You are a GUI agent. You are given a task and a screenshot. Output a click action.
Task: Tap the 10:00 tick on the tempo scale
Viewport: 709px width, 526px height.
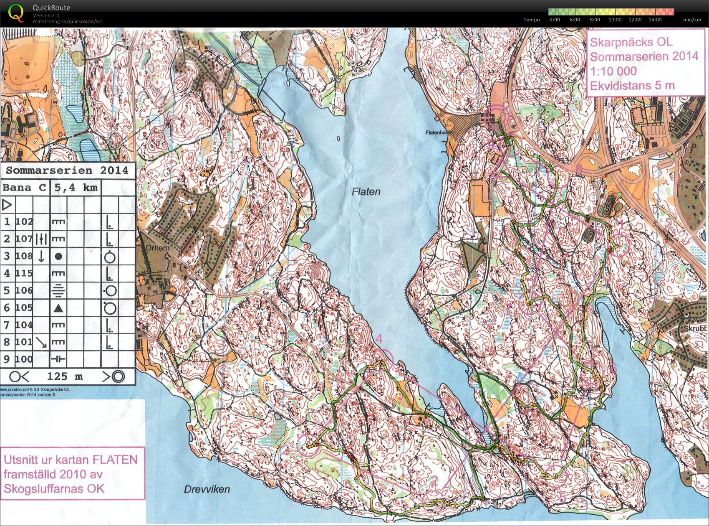click(x=615, y=20)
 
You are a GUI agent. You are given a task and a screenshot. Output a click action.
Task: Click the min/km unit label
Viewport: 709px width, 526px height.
click(x=692, y=20)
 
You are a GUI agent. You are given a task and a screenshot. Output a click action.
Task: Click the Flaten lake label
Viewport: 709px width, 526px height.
click(x=366, y=192)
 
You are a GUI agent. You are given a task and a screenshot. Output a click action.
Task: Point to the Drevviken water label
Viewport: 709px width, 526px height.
click(x=207, y=489)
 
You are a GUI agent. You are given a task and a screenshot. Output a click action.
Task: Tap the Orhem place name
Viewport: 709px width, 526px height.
click(x=157, y=248)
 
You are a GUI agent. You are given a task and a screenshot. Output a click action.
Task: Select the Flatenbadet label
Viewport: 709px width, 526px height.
click(x=439, y=132)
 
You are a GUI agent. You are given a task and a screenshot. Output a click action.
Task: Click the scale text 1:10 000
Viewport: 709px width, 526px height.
click(x=613, y=71)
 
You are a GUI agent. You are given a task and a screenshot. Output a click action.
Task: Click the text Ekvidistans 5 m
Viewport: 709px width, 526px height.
click(x=632, y=86)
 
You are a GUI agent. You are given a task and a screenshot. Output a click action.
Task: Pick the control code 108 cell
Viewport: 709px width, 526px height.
click(x=24, y=256)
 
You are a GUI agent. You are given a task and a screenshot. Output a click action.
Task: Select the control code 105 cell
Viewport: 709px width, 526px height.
click(x=24, y=307)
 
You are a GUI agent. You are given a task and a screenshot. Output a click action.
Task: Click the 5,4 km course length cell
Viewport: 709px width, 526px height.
click(x=76, y=187)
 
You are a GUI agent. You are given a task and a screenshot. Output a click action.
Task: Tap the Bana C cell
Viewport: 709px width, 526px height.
click(x=25, y=187)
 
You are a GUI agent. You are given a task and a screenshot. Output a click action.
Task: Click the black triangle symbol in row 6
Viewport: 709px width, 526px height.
click(x=58, y=308)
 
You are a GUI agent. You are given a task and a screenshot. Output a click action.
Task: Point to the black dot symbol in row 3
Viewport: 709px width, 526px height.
click(x=58, y=256)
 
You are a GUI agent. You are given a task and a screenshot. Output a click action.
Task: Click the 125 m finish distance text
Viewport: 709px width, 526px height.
click(x=65, y=376)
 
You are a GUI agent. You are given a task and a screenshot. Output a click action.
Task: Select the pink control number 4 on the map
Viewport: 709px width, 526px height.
click(x=379, y=339)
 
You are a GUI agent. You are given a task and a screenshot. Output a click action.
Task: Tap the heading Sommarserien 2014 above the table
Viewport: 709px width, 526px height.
click(x=67, y=170)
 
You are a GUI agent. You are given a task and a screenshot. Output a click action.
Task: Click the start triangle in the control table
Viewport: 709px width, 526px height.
click(x=7, y=205)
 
